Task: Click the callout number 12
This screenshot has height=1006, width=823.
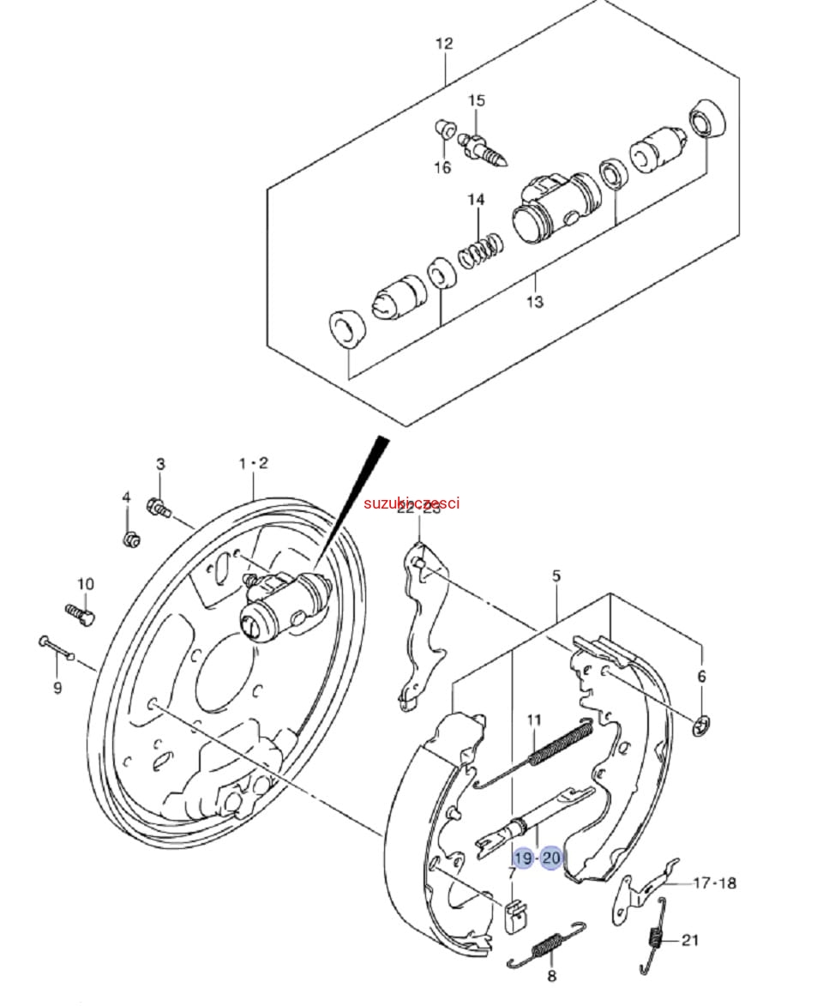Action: (443, 44)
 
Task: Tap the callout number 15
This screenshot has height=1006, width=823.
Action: (477, 100)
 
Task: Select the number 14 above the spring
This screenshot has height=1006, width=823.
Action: (476, 200)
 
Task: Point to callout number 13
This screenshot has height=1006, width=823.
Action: (535, 302)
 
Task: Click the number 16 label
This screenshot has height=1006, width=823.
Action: (442, 167)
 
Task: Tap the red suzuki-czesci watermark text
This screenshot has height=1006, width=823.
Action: (411, 503)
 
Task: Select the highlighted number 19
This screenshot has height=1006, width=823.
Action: (523, 858)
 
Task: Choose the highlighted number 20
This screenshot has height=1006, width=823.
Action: (551, 858)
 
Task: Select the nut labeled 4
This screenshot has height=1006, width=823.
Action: (131, 540)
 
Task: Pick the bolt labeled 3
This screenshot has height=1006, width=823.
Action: (159, 508)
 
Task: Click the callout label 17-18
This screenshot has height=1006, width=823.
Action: (714, 883)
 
